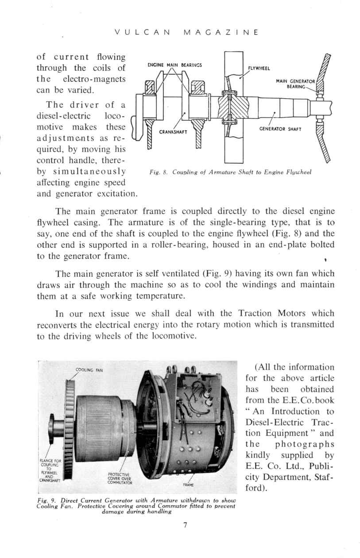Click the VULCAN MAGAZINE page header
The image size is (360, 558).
(186, 33)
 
